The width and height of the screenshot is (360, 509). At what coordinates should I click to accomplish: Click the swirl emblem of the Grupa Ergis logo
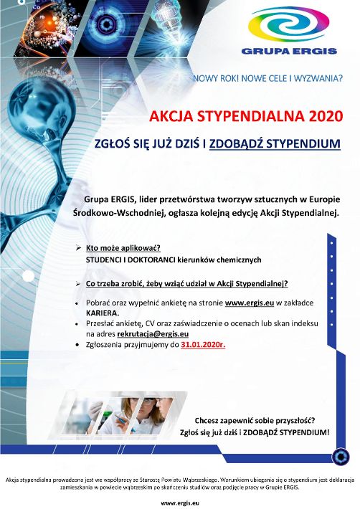pos(288,27)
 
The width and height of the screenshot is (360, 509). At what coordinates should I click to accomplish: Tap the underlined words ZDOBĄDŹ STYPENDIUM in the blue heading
pos(275,144)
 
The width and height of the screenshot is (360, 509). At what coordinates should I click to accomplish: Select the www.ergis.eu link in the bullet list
pos(250,303)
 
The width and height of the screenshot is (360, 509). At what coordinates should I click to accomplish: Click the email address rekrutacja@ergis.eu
pos(153,333)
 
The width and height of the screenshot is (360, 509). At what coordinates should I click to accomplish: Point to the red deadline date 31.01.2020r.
pos(203,345)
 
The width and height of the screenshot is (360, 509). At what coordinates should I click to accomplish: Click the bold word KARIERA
pos(103,313)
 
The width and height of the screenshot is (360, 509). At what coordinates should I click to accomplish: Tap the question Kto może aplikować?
pos(123,248)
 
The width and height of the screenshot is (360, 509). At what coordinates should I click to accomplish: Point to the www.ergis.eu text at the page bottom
pos(179,503)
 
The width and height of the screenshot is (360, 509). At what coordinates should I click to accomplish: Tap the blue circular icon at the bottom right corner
pos(341,457)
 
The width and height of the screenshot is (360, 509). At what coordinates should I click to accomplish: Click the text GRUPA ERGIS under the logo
pos(289,51)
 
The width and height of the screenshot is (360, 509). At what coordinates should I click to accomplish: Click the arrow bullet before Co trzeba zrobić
pos(78,284)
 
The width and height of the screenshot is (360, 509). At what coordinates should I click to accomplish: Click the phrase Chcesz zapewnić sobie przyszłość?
pos(255,421)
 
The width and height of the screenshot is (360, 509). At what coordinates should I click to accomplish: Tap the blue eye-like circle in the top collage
pos(105,24)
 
